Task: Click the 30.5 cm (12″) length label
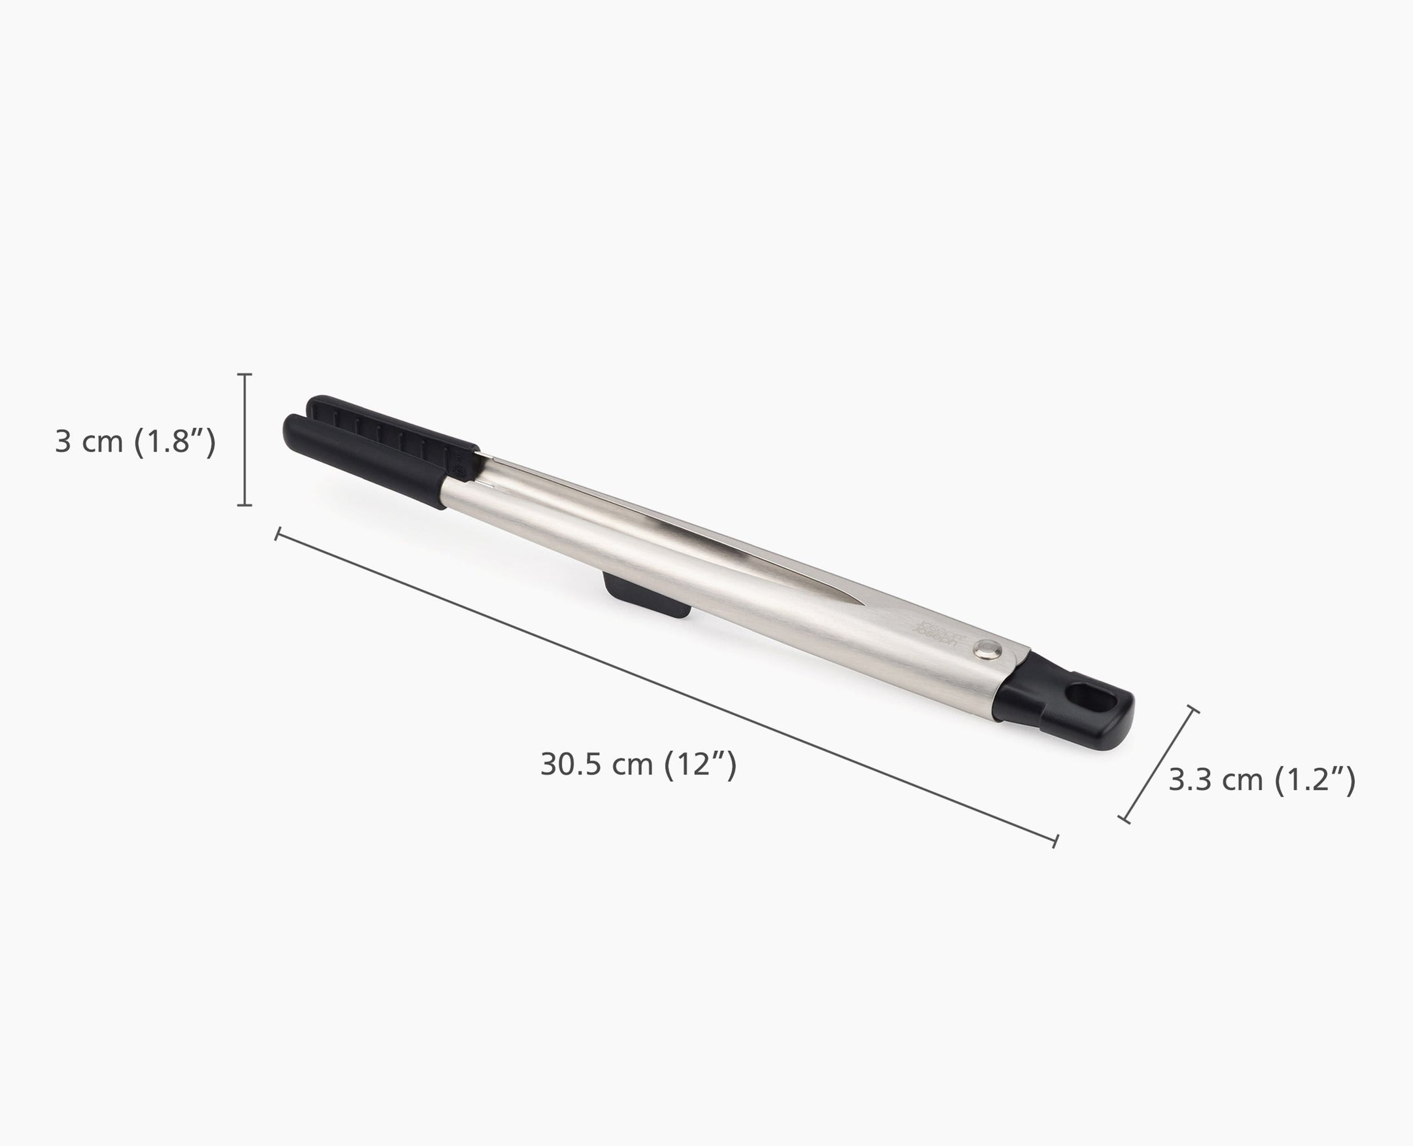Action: (x=638, y=765)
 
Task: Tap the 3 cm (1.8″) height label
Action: (x=135, y=442)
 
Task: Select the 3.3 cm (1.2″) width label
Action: (x=1262, y=780)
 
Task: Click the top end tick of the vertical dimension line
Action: (x=244, y=374)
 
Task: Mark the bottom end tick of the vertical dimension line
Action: (x=244, y=505)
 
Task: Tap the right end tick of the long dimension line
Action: (x=1055, y=841)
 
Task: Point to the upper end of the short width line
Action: (x=1193, y=710)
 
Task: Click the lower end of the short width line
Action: (x=1124, y=819)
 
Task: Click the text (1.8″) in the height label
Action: (x=174, y=442)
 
